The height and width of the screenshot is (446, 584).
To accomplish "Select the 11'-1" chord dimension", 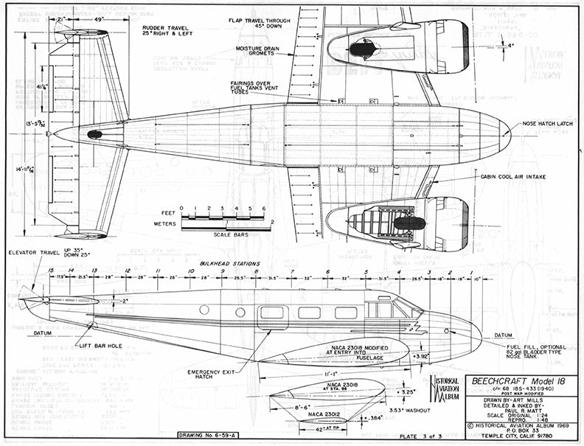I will click(x=330, y=374).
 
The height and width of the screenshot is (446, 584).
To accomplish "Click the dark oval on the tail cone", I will click(x=94, y=135).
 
